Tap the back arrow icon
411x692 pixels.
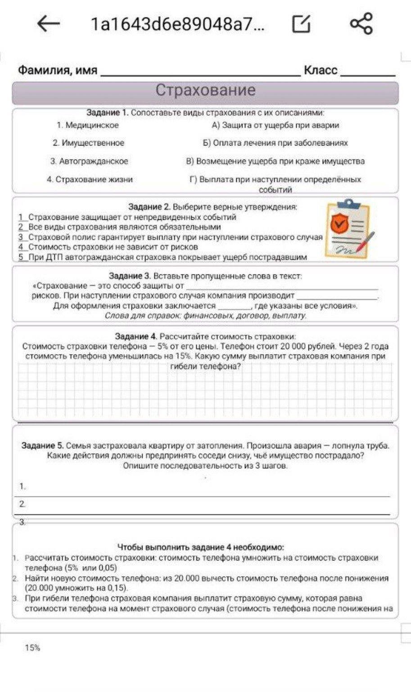[x=49, y=23]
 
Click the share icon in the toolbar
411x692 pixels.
[x=361, y=23]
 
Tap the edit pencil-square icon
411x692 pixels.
[x=301, y=23]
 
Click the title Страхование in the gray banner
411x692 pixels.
[x=205, y=90]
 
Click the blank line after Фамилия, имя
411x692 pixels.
[x=200, y=71]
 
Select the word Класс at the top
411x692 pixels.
[x=321, y=70]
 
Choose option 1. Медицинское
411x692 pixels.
[x=88, y=125]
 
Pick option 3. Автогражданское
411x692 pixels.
[x=89, y=161]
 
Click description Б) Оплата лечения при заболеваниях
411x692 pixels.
[x=275, y=143]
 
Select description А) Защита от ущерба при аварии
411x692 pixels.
[x=275, y=125]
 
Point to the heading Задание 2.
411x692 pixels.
[x=149, y=207]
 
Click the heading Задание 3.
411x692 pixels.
[x=130, y=276]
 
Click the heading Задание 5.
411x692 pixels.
[x=42, y=446]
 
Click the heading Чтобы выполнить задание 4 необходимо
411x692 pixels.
[x=200, y=547]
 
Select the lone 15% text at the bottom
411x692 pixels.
[x=32, y=648]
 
